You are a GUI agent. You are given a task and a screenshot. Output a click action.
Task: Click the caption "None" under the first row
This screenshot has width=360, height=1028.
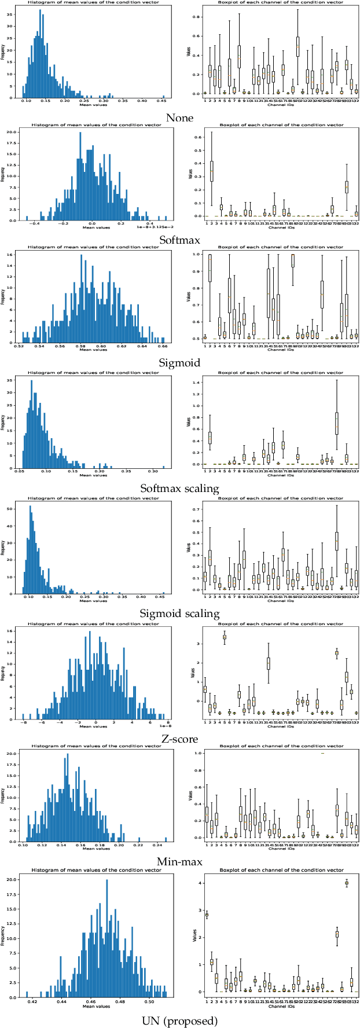click(x=179, y=118)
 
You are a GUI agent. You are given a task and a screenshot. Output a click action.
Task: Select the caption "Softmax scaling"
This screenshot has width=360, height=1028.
click(x=179, y=489)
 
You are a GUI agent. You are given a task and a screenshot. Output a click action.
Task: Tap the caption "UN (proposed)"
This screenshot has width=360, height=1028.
click(x=179, y=1020)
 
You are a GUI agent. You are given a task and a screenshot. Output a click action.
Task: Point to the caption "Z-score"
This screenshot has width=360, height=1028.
click(x=179, y=739)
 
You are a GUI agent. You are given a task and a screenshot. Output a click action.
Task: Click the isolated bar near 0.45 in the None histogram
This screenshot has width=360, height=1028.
click(x=163, y=97)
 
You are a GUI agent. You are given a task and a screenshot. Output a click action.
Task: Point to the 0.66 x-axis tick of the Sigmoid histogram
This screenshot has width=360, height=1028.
click(x=163, y=346)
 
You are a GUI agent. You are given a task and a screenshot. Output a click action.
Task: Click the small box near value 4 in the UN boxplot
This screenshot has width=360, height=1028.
click(x=347, y=883)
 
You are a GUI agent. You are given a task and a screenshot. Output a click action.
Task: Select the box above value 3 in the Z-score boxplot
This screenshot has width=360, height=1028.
click(x=224, y=637)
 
